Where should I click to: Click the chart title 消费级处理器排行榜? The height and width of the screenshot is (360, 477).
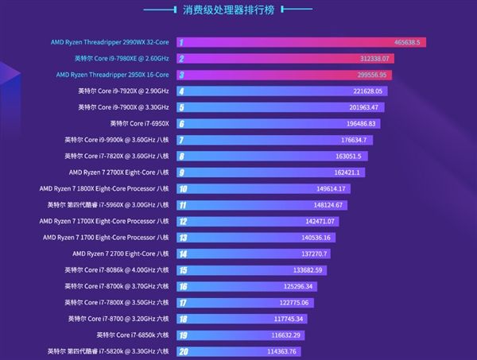pos(238,12)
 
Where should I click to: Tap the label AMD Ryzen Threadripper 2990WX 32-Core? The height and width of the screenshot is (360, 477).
pos(110,42)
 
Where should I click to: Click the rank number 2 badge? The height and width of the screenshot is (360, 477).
pos(182,59)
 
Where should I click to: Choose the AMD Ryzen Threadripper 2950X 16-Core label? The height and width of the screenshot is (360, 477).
pos(113,75)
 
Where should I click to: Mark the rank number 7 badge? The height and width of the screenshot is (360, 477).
pos(182,140)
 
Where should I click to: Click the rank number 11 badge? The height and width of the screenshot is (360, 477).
pos(183,205)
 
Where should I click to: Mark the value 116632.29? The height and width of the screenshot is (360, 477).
pos(306,335)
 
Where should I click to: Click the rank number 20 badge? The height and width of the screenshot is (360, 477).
pos(183,351)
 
